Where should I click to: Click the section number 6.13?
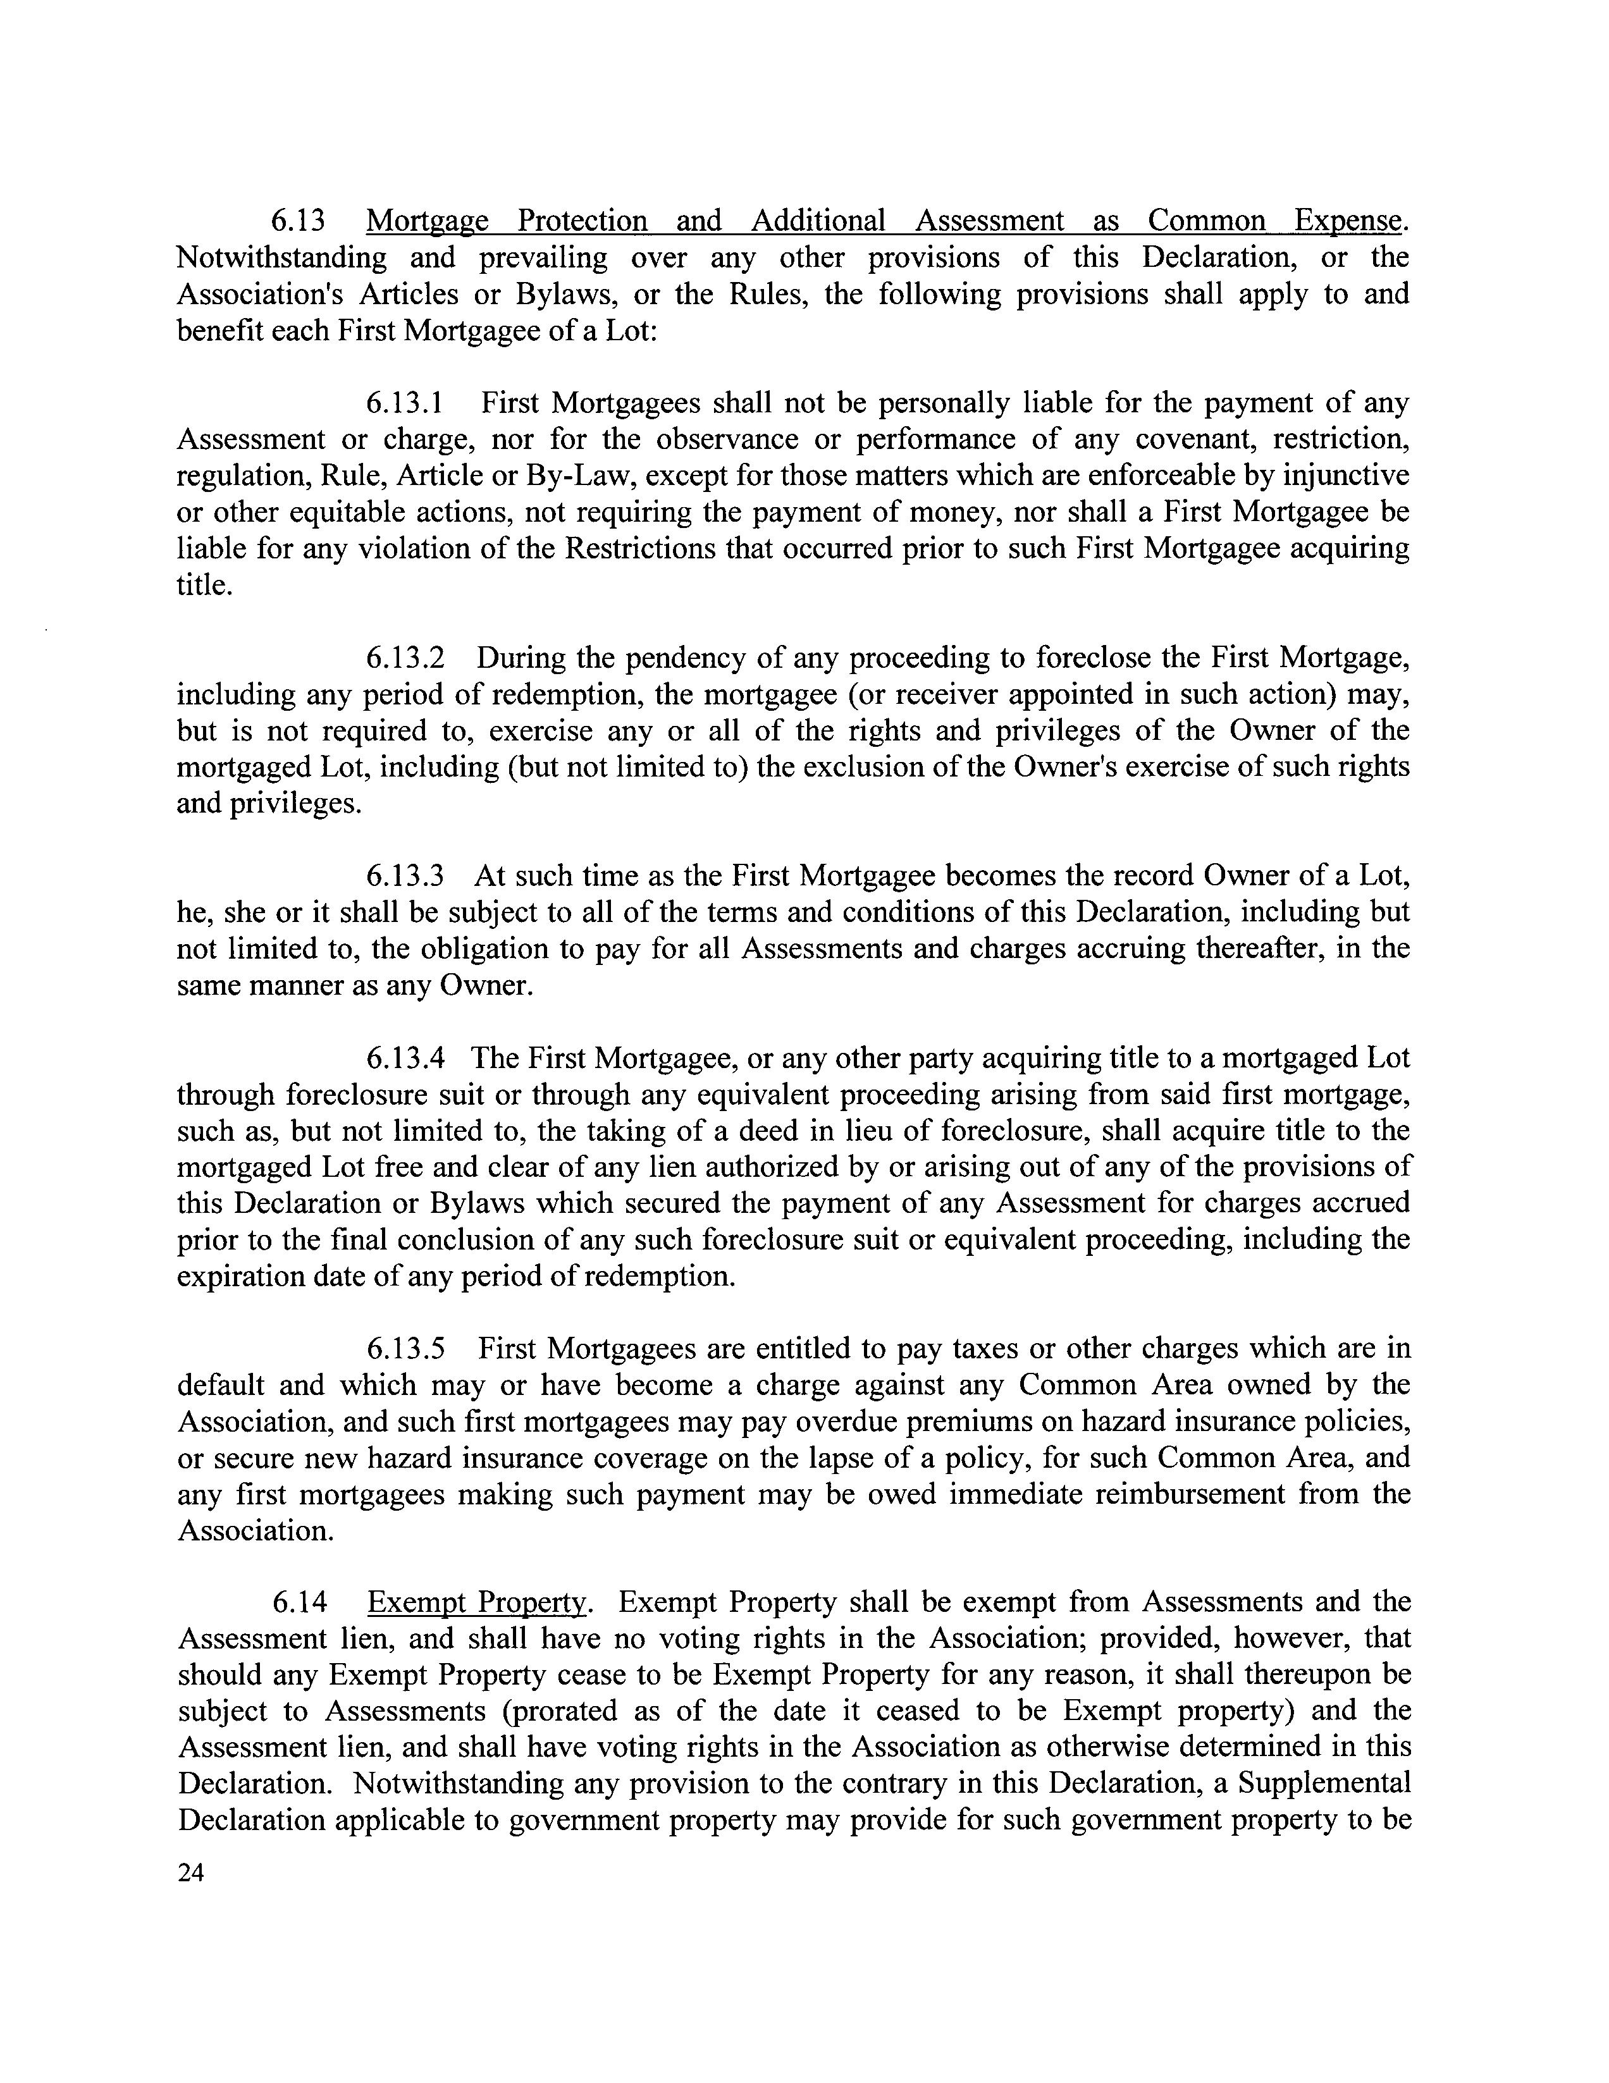(x=299, y=221)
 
